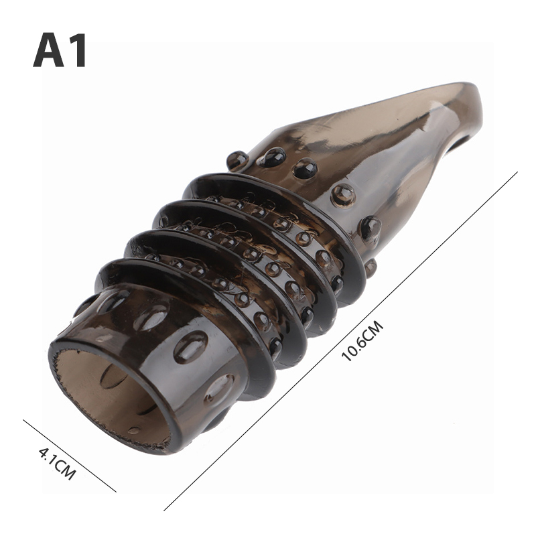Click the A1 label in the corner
(60, 50)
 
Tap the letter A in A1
(48, 50)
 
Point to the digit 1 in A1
(78, 50)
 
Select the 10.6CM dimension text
(362, 340)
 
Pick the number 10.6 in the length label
(354, 348)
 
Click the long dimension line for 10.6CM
(340, 341)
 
